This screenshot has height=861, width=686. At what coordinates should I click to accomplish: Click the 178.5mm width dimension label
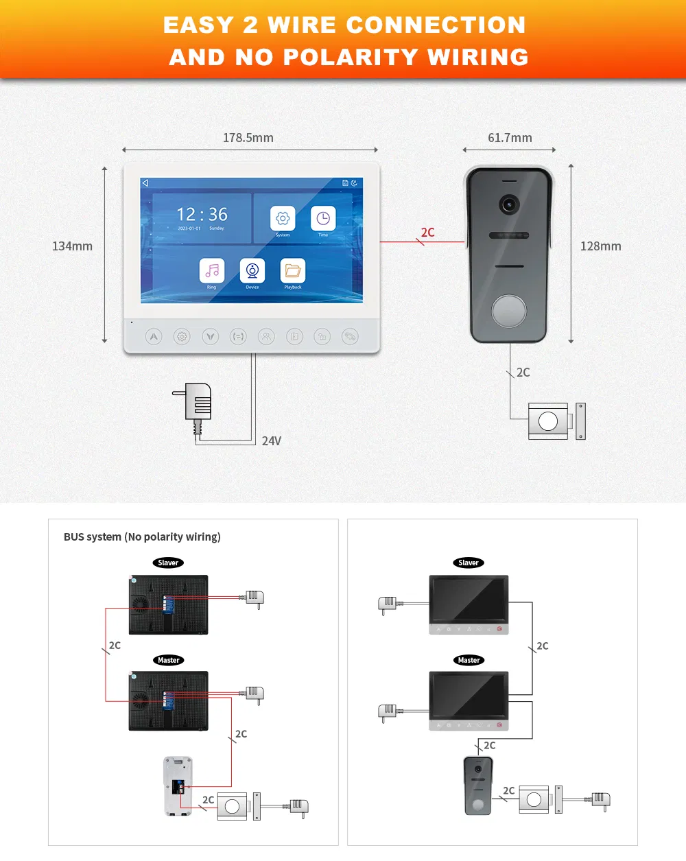point(248,138)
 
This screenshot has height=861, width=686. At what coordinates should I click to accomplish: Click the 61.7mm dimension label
point(510,138)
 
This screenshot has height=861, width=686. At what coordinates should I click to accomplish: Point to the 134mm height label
point(72,246)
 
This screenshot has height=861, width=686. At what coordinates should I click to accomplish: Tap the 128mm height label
point(600,246)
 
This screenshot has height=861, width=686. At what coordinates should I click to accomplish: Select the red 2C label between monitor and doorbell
point(427,233)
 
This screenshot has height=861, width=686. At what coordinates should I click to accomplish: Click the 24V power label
point(272,441)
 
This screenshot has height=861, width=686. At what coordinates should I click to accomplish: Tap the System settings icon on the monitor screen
point(283,219)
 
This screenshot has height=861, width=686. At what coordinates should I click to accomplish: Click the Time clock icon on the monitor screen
point(323,219)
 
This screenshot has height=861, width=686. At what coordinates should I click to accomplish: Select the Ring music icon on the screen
point(211,270)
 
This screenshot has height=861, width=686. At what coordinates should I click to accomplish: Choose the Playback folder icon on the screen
point(293,270)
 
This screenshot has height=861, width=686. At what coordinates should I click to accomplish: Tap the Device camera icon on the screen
point(252,270)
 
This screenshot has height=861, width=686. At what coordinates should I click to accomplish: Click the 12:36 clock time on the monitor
point(202,215)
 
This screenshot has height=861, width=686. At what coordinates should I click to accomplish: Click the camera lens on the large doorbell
point(508,204)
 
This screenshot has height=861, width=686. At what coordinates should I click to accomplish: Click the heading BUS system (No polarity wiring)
point(142,536)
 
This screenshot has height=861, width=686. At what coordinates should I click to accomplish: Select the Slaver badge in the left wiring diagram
point(168,563)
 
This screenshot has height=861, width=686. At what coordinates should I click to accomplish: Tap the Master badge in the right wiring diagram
point(469,660)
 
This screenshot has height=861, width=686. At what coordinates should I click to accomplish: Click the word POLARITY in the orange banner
point(351,57)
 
